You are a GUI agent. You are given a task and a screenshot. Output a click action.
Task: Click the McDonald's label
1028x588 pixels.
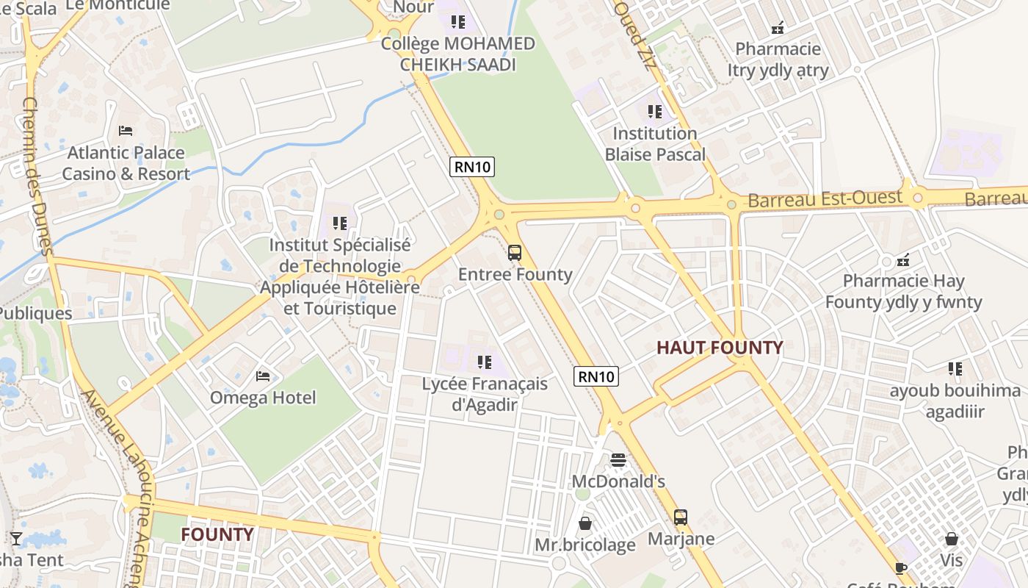(618, 481)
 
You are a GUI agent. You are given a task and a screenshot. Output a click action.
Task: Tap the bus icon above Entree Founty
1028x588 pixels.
(515, 254)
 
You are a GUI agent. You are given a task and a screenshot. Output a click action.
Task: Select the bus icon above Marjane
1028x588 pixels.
(681, 517)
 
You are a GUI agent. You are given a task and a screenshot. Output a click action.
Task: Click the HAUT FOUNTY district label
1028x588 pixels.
(720, 348)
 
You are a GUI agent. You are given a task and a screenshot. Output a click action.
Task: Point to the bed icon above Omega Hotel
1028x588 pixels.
(263, 376)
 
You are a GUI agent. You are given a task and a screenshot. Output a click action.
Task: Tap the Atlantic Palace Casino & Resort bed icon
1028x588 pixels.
(126, 131)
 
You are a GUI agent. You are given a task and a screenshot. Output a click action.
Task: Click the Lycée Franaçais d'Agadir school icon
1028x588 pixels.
(484, 362)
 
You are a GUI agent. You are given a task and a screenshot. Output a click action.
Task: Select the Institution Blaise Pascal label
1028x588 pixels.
(654, 144)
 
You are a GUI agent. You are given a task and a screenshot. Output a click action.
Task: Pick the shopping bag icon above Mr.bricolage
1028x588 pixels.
(585, 523)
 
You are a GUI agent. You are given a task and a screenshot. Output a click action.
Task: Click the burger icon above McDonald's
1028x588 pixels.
(618, 460)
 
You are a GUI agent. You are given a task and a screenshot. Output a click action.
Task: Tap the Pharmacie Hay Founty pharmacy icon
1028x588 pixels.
(903, 259)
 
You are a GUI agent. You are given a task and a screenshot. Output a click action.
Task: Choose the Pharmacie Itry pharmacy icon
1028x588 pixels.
(778, 28)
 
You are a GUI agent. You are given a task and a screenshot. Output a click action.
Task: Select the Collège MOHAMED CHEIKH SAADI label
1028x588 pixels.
(458, 54)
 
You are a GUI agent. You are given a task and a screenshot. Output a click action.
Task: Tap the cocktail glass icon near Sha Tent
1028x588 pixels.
(15, 539)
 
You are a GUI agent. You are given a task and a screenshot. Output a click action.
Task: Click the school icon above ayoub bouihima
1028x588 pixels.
(955, 369)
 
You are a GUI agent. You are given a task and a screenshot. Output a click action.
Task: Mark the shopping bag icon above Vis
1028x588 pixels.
(951, 539)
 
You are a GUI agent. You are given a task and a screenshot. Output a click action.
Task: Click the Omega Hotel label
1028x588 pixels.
(263, 398)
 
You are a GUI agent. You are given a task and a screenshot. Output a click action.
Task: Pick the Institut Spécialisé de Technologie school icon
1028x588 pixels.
(339, 223)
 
